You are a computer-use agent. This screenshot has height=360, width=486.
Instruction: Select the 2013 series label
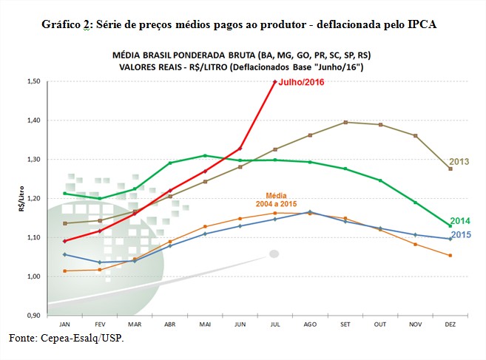tap(459, 162)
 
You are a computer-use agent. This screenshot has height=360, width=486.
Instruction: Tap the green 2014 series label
tap(460, 221)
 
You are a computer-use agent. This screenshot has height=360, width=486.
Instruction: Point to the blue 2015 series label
tap(460, 234)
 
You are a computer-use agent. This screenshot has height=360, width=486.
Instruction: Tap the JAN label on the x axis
tap(66, 324)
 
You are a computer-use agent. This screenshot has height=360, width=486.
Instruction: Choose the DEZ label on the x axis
tap(450, 324)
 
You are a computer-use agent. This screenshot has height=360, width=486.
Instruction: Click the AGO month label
tap(310, 324)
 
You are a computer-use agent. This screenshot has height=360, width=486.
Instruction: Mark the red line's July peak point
tap(275, 81)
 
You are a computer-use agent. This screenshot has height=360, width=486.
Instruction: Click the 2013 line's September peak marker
tap(345, 122)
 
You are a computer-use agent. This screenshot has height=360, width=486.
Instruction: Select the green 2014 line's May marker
tap(205, 155)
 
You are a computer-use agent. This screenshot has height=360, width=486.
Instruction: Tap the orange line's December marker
tap(450, 256)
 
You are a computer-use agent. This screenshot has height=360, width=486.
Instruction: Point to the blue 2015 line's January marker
tap(66, 254)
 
